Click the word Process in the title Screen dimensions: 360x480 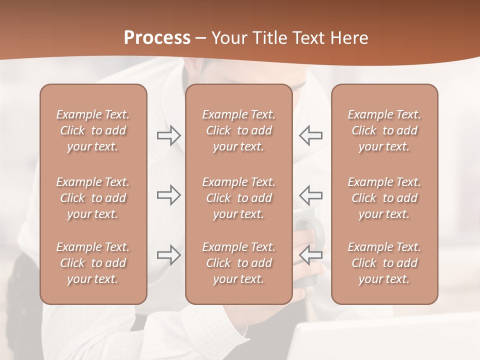(x=157, y=38)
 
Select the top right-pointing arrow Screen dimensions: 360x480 (x=168, y=135)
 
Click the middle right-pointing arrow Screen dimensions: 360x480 (x=168, y=195)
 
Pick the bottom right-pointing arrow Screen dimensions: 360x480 (x=168, y=255)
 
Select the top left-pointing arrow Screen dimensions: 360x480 (x=310, y=135)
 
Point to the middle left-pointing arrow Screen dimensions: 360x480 (x=310, y=195)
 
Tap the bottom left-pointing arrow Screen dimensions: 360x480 (x=310, y=255)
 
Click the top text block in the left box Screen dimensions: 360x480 (x=93, y=130)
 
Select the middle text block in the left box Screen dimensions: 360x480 (x=93, y=198)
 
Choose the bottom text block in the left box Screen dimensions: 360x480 (x=93, y=263)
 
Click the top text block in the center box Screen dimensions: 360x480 (x=239, y=130)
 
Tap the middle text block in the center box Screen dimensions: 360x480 (x=239, y=198)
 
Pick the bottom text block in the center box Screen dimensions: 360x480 (x=239, y=263)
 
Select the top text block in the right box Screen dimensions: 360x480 (x=384, y=130)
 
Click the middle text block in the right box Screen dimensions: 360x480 (x=384, y=198)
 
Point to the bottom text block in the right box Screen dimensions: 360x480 (x=384, y=263)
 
